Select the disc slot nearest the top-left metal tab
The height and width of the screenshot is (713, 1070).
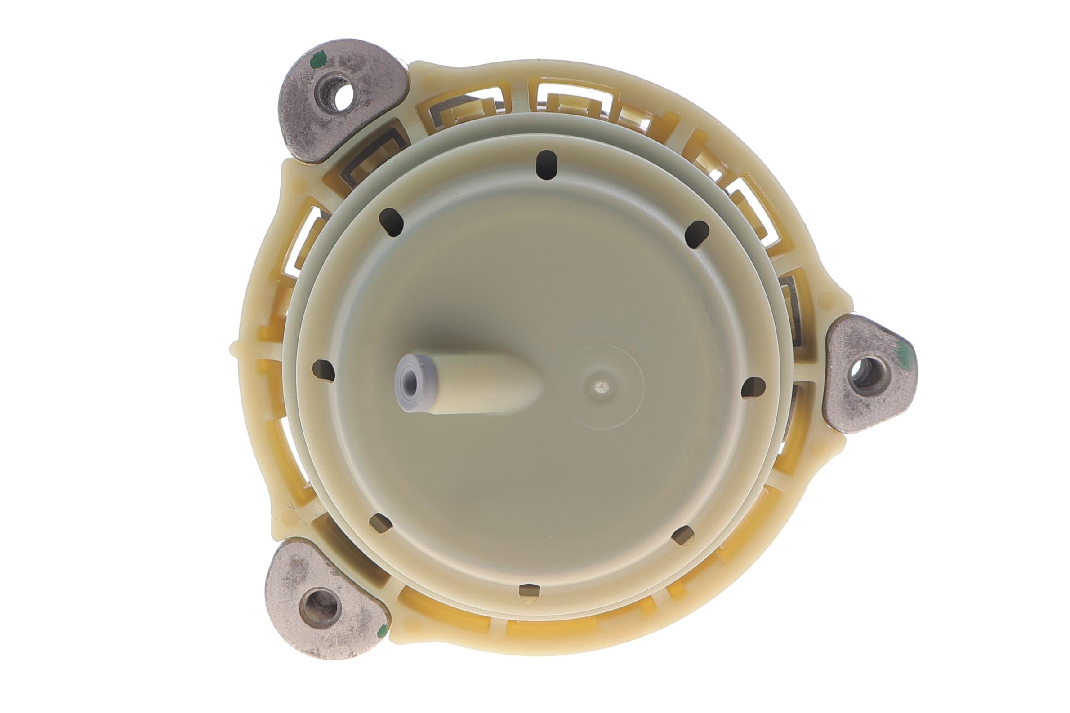tap(392, 222)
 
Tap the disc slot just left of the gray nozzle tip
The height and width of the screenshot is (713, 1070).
tap(323, 369)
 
